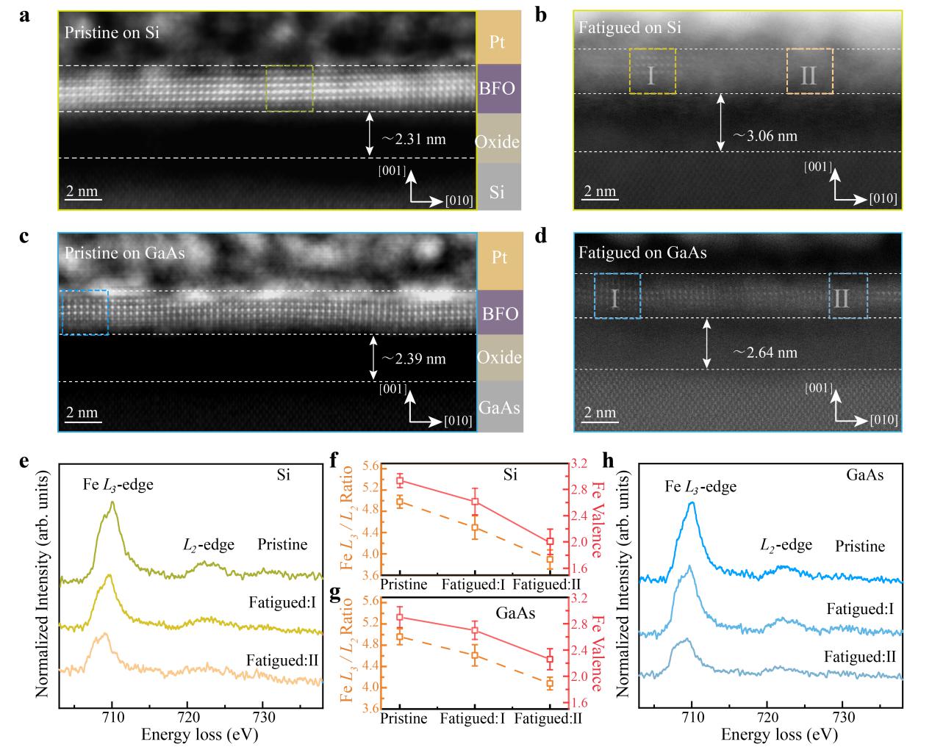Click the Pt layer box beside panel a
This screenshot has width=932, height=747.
tap(498, 40)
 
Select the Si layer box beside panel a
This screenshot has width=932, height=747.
tap(498, 192)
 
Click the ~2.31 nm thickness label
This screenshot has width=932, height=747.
tap(413, 138)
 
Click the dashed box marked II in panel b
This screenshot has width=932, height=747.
tap(809, 71)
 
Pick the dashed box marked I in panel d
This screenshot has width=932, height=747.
tap(617, 296)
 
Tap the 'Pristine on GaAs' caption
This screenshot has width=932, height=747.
tap(124, 253)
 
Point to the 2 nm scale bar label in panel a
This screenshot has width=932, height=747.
tap(82, 192)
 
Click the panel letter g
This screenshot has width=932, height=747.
tap(336, 593)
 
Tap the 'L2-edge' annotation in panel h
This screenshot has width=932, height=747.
tap(786, 544)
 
